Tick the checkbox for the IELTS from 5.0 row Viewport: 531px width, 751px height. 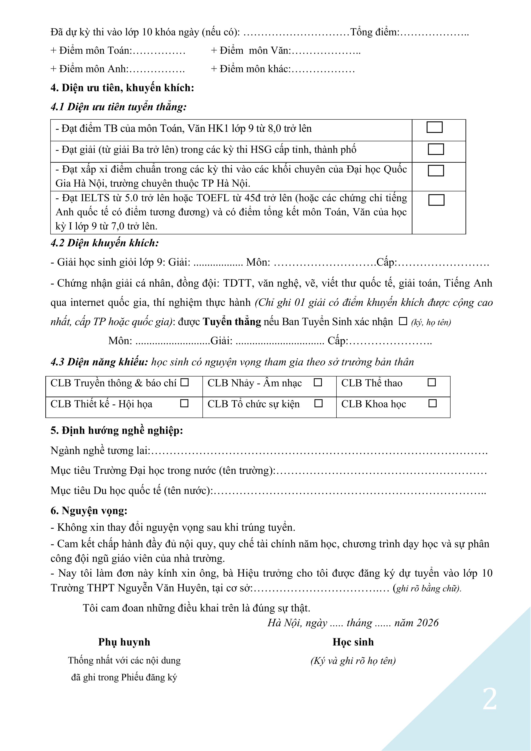pyautogui.click(x=436, y=200)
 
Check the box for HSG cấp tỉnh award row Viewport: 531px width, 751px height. pyautogui.click(x=436, y=149)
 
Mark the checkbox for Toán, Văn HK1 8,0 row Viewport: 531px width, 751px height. pyautogui.click(x=434, y=127)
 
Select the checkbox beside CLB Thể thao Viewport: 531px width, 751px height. pyautogui.click(x=432, y=382)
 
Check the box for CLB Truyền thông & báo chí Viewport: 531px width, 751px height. pyautogui.click(x=185, y=382)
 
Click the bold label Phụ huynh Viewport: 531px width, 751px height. pyautogui.click(x=124, y=642)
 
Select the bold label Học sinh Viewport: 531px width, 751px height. pyautogui.click(x=353, y=642)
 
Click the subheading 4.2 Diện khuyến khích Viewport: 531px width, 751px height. pyautogui.click(x=105, y=243)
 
